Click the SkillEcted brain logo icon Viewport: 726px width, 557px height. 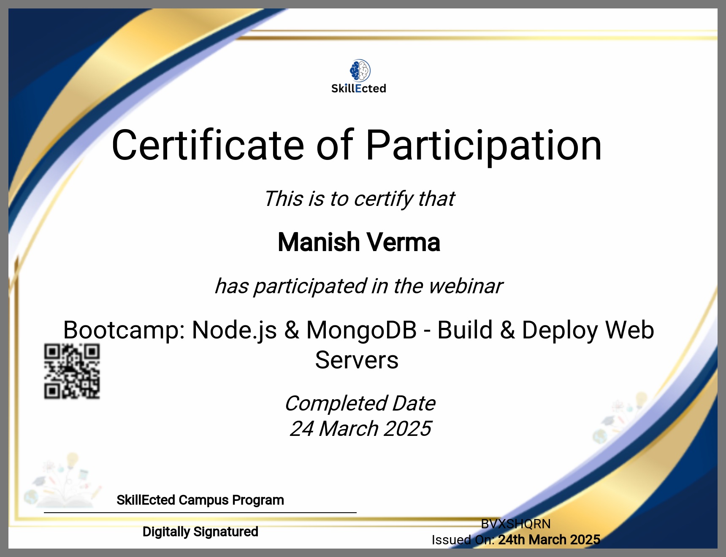[360, 70]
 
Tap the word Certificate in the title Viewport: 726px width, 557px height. [208, 146]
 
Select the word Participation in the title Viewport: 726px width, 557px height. [483, 146]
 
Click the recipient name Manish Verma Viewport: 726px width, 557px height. [359, 243]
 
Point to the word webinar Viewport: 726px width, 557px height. [466, 286]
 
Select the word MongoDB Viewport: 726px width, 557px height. [361, 330]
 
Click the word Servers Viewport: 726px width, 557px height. [357, 360]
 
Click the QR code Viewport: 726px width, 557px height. [72, 371]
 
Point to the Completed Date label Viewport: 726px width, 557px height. [360, 403]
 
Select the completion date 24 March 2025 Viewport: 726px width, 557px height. [360, 429]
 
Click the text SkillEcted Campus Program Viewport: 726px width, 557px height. [200, 500]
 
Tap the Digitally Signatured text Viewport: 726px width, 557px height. [200, 532]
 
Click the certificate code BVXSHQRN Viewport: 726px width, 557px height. [516, 524]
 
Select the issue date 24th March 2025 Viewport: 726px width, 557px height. [549, 540]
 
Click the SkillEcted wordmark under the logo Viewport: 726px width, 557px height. [359, 89]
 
